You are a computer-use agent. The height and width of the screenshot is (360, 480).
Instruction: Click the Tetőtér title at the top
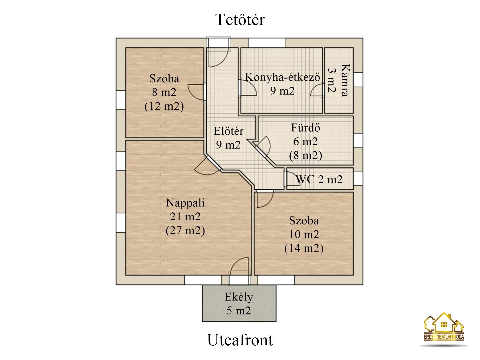click(240, 20)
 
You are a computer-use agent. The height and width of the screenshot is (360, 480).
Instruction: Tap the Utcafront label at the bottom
click(240, 340)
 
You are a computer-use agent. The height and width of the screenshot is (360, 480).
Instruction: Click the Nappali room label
click(185, 203)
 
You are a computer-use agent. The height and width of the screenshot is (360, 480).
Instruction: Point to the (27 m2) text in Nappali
click(185, 230)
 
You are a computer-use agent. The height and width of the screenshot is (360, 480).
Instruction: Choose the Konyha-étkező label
click(282, 77)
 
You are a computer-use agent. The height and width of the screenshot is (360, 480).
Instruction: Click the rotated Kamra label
click(345, 80)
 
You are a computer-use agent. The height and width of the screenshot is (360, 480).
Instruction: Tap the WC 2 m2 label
click(319, 179)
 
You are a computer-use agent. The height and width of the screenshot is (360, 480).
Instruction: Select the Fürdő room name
click(305, 128)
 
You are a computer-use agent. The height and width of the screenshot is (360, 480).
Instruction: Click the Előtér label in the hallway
click(228, 131)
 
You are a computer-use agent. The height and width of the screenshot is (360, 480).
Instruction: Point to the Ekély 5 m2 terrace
click(239, 303)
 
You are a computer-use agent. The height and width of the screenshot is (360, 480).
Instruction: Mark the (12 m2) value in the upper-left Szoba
click(164, 106)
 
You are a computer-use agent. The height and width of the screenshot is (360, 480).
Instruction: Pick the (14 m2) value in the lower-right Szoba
click(304, 248)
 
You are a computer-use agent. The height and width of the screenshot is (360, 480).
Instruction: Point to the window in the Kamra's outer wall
click(358, 80)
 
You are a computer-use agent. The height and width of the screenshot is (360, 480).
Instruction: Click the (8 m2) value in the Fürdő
click(305, 155)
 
